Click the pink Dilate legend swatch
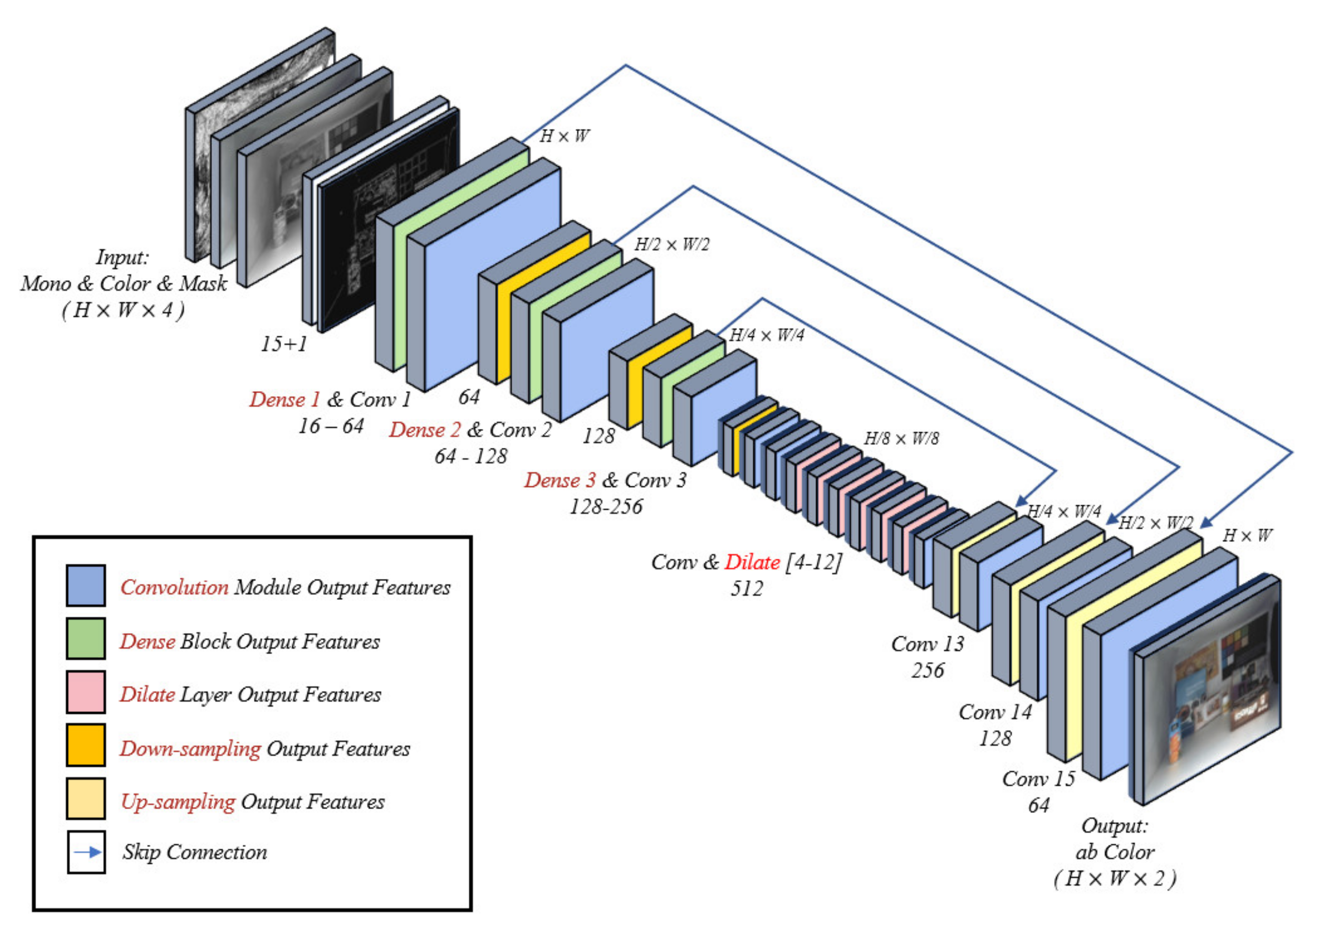pos(86,692)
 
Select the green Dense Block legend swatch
pos(86,639)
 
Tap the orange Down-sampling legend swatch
pos(86,745)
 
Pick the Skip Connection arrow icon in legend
pos(86,852)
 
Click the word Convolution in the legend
pos(174,587)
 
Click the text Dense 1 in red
pos(284,400)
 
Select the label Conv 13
pos(928,644)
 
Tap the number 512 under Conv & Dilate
pos(747,589)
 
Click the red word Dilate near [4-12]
pos(752,562)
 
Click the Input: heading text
pos(123,257)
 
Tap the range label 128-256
pos(606,507)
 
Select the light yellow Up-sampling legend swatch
pos(86,799)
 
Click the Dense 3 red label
pos(559,480)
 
